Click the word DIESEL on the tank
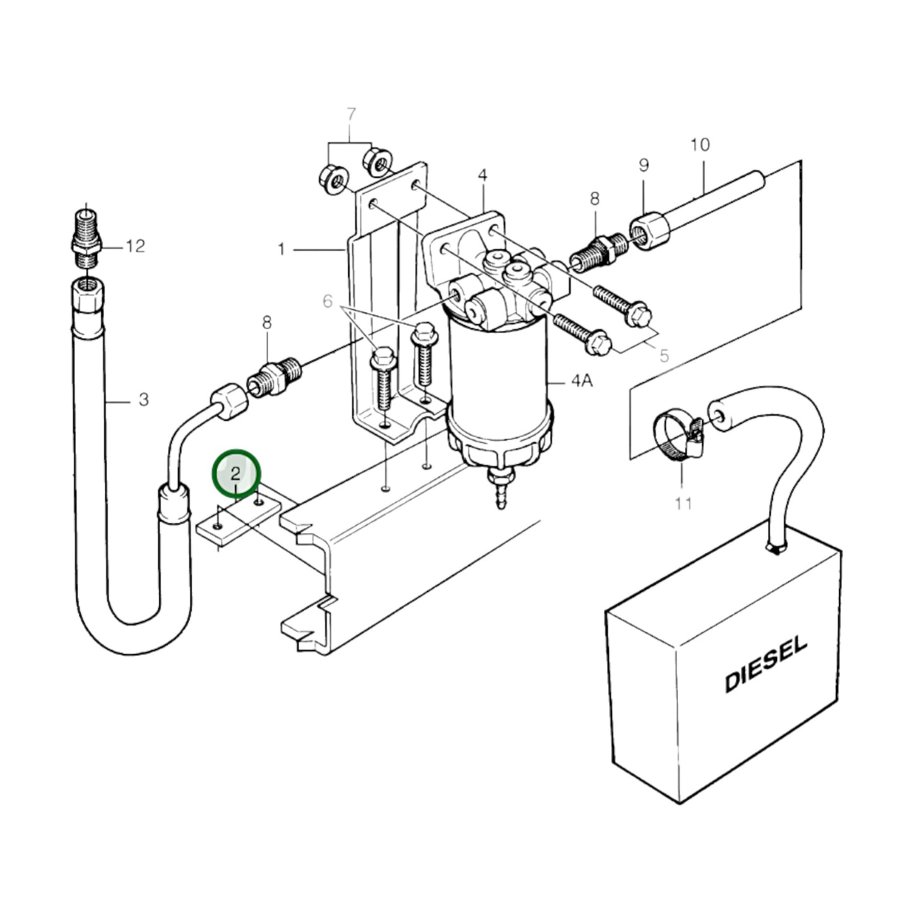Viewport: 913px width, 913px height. coord(766,664)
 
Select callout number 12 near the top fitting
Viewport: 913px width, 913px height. coord(135,246)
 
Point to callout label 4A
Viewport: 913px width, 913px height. coord(581,381)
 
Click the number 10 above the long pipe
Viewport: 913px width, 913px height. coord(700,145)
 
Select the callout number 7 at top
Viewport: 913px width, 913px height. coord(351,115)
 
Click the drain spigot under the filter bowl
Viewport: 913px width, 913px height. coord(500,489)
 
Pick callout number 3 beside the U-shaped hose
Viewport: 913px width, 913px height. coord(143,399)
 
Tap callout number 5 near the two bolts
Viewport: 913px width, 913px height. coord(663,356)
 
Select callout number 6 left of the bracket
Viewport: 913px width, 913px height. coord(327,301)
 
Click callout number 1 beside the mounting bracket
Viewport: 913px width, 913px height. coord(281,250)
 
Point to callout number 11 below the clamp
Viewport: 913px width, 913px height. coord(683,504)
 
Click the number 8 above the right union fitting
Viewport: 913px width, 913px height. coord(595,199)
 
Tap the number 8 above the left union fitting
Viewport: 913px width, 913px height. coord(267,323)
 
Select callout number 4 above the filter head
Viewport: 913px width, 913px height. coord(483,174)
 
